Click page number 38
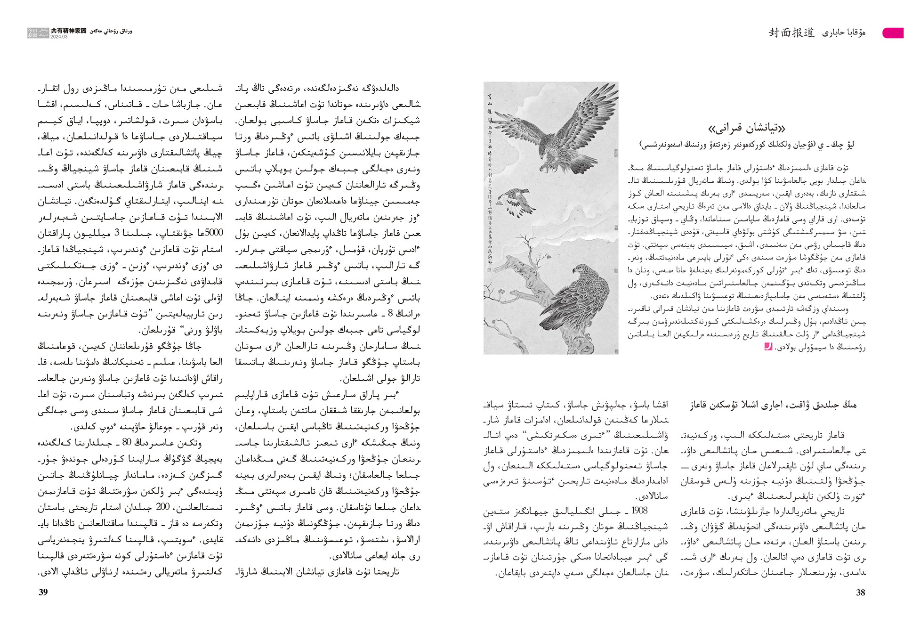tap(860, 593)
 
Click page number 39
tap(43, 593)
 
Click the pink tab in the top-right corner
tap(893, 33)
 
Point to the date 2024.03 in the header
tap(59, 37)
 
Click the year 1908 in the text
tap(639, 511)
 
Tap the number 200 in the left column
tap(162, 507)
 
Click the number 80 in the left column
tap(126, 443)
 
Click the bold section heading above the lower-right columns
tap(774, 405)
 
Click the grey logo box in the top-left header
tap(38, 33)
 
